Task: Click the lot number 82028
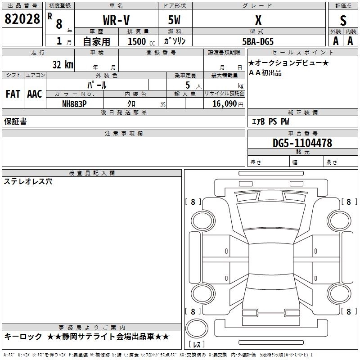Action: (22, 19)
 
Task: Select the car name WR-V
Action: (116, 20)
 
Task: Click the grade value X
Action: (258, 20)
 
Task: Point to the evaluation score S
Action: (343, 20)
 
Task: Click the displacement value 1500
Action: (137, 41)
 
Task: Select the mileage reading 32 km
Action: (63, 64)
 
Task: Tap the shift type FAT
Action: (13, 94)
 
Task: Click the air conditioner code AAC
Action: (35, 94)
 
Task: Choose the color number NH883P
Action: (74, 103)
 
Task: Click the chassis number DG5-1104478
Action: (302, 143)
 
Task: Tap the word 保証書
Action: (15, 121)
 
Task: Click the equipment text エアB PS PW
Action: (270, 121)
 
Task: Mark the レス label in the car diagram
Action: (197, 345)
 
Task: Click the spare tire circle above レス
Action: (197, 328)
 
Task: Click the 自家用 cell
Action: (96, 41)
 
